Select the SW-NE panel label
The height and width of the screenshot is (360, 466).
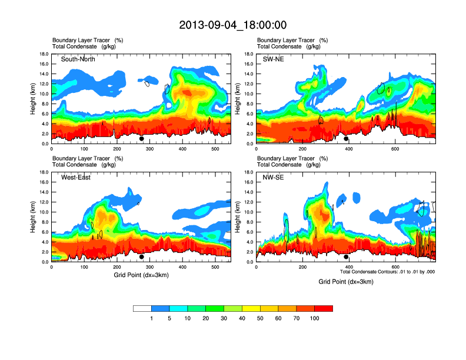pos(274,59)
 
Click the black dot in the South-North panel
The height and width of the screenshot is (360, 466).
pos(142,139)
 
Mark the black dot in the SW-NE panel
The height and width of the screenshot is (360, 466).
pos(347,139)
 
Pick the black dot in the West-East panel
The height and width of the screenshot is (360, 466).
pos(142,257)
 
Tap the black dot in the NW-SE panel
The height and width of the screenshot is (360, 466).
pos(347,257)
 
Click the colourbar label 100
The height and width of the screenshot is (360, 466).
pos(315,318)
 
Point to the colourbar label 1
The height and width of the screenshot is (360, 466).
pos(152,318)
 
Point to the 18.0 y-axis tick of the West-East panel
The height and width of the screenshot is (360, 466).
pos(44,172)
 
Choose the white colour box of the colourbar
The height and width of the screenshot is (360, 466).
pos(142,308)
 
